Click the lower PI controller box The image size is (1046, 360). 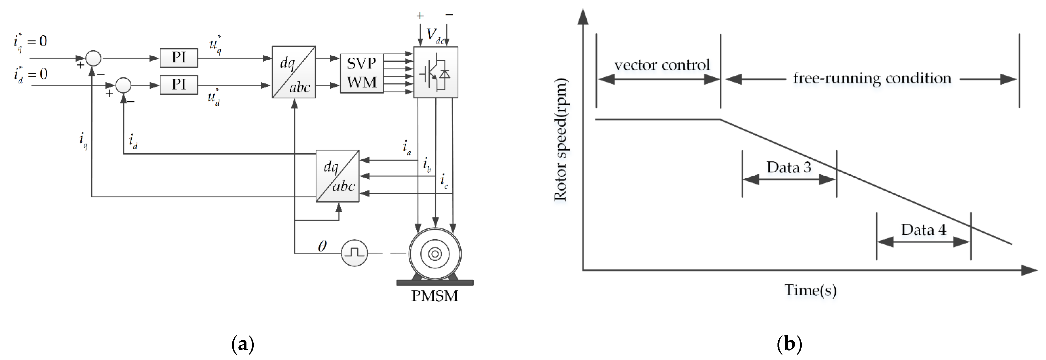179,85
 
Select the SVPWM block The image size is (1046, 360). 361,73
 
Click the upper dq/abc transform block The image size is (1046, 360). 294,72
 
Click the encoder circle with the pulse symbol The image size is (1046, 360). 354,253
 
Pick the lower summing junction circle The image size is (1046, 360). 123,85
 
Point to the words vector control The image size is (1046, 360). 662,65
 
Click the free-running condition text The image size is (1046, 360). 872,78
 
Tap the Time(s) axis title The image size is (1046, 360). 810,290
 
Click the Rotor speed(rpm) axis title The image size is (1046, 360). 561,140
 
